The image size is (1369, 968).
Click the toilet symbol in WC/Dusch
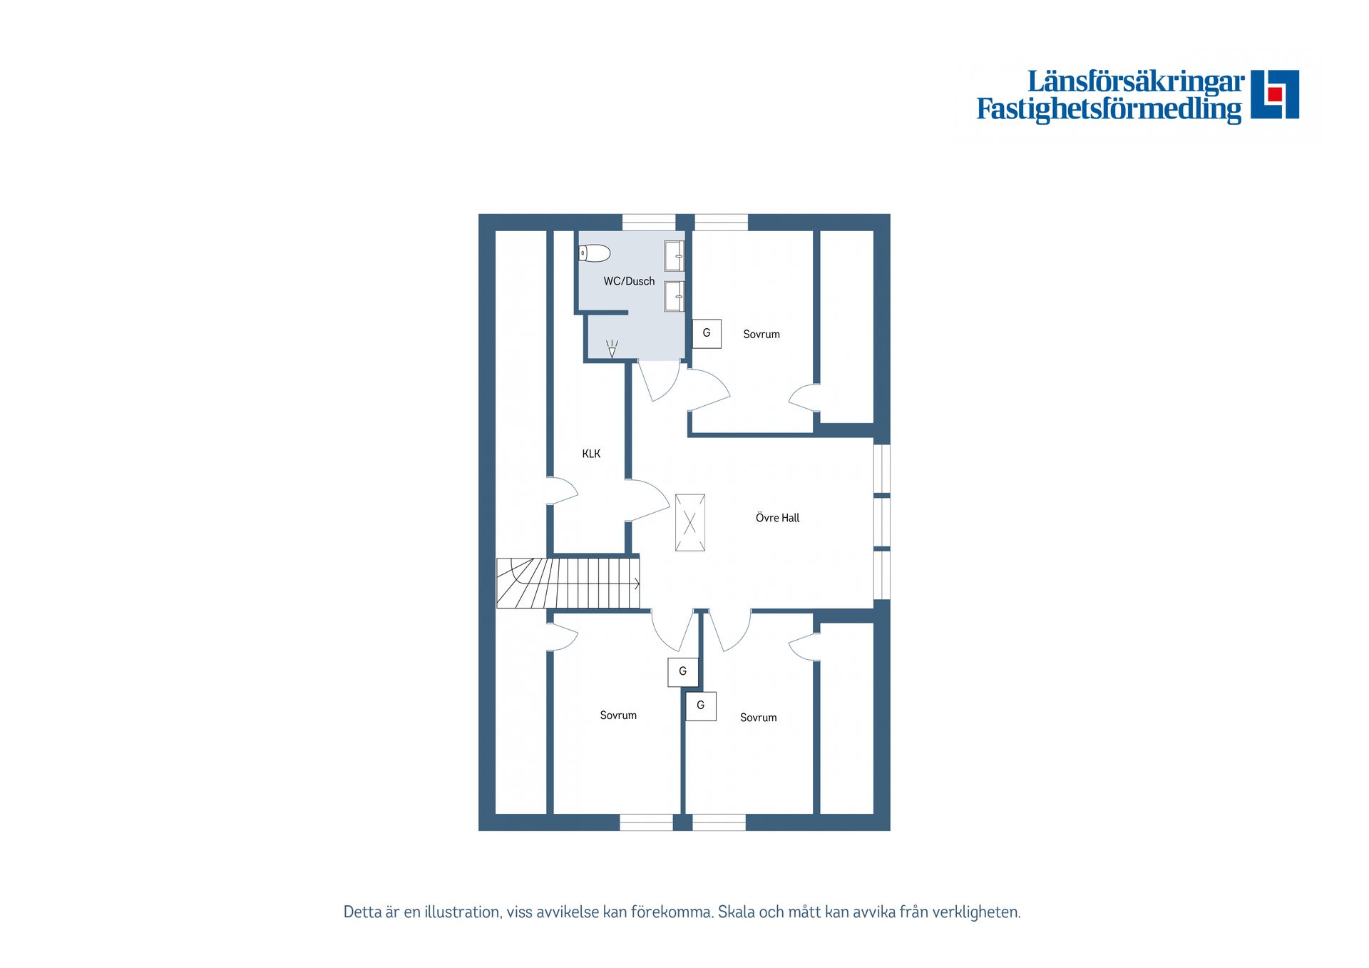[x=594, y=253]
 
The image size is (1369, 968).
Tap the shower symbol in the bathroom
[x=612, y=349]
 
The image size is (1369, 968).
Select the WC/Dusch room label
[x=629, y=281]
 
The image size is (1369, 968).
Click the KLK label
[x=591, y=454]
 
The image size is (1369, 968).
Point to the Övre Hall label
[x=777, y=518]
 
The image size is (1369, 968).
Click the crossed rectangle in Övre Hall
[x=690, y=523]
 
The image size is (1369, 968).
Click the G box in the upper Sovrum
[x=707, y=333]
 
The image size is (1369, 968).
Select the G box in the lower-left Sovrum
[x=682, y=672]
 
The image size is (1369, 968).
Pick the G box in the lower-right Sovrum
[x=701, y=706]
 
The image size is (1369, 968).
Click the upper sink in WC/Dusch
[x=675, y=256]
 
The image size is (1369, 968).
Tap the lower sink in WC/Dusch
[x=675, y=296]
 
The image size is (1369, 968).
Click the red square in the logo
[x=1275, y=94]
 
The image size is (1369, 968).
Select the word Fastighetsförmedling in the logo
[x=1109, y=109]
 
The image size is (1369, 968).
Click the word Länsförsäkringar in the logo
[x=1136, y=81]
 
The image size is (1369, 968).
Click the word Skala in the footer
[x=737, y=912]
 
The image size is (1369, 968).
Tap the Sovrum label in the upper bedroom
[x=762, y=334]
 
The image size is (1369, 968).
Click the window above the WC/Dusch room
[x=649, y=222]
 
